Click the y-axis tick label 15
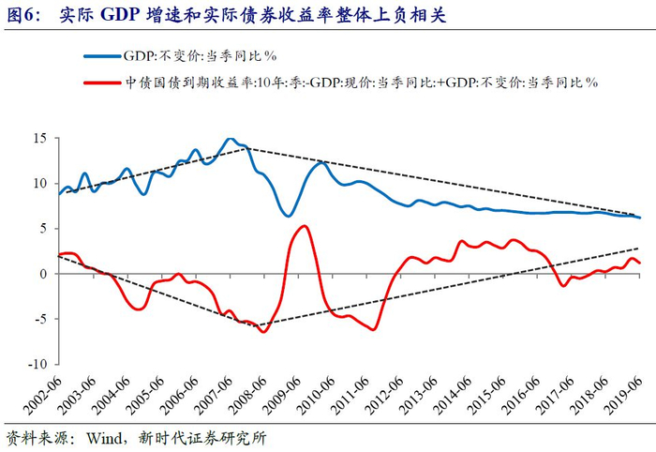pyautogui.click(x=39, y=138)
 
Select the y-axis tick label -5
pyautogui.click(x=38, y=319)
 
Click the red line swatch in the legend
pyautogui.click(x=97, y=83)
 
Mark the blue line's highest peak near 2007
pyautogui.click(x=231, y=139)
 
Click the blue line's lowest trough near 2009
pyautogui.click(x=290, y=216)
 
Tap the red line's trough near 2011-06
pyautogui.click(x=374, y=329)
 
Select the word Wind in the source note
pyautogui.click(x=104, y=438)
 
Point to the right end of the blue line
pyautogui.click(x=640, y=218)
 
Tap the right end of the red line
pyautogui.click(x=640, y=264)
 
